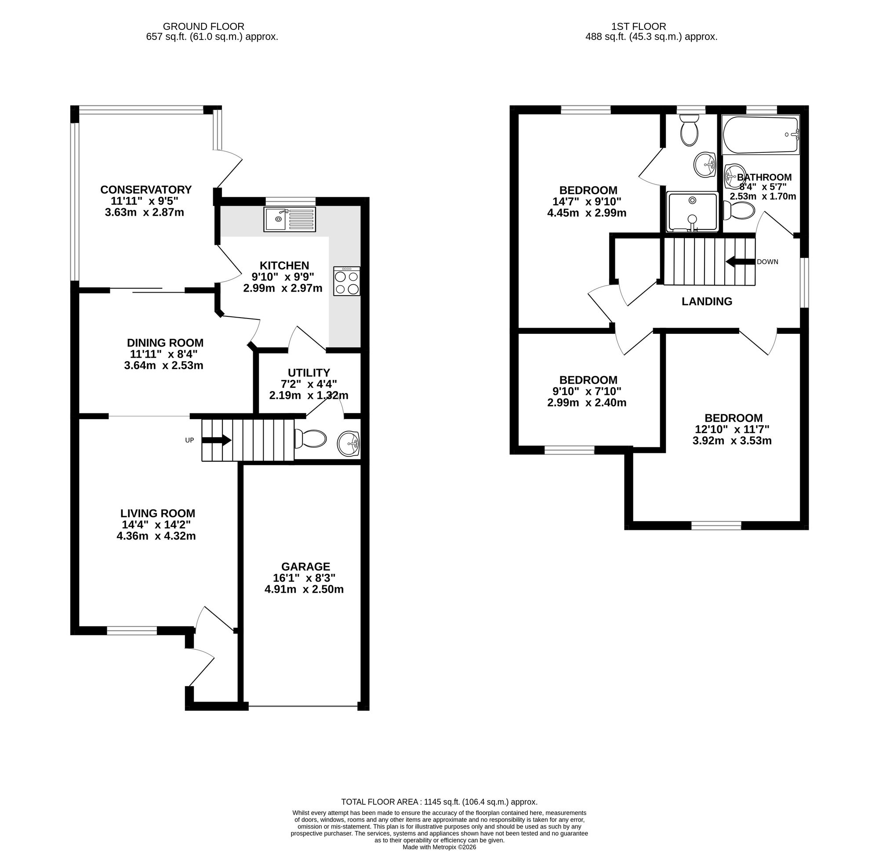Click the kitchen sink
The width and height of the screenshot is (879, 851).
tap(290, 219)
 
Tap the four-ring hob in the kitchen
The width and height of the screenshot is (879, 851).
tap(347, 281)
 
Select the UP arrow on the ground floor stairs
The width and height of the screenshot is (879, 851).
tap(217, 440)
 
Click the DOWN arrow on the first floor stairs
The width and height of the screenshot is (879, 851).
tap(741, 262)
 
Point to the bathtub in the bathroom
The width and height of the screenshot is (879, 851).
tap(761, 135)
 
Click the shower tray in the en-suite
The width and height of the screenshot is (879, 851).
tap(693, 212)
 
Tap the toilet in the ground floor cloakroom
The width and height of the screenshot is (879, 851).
tap(310, 438)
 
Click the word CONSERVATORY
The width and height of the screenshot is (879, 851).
tap(146, 190)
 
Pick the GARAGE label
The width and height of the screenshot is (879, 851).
tap(305, 567)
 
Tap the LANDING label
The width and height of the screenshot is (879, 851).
tap(707, 302)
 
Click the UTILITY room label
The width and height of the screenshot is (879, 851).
tap(309, 373)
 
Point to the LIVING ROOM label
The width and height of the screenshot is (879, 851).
tap(158, 514)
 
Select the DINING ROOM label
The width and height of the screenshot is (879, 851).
tap(165, 343)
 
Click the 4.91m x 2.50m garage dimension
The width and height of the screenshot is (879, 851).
tap(304, 589)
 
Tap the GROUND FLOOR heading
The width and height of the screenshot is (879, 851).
tap(203, 26)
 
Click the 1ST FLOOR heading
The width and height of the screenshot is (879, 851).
tap(639, 26)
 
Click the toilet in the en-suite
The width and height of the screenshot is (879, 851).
tap(689, 130)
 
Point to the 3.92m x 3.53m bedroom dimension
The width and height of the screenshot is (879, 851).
tap(732, 441)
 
